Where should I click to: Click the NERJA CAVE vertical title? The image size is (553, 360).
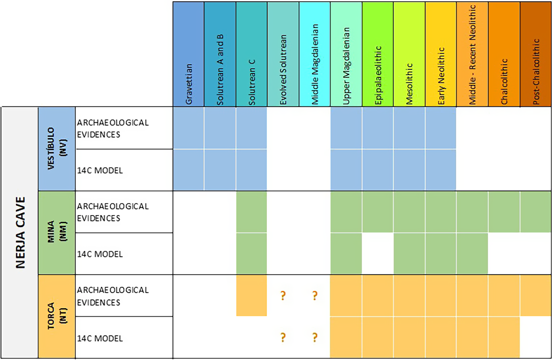click(x=20, y=233)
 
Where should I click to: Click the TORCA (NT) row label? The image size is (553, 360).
click(x=57, y=316)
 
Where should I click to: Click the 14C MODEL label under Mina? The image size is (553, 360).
click(x=100, y=254)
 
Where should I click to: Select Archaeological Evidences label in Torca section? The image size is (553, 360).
click(x=113, y=296)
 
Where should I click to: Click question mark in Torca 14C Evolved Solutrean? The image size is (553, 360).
click(x=283, y=337)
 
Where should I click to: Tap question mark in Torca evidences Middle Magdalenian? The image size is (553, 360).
click(x=315, y=295)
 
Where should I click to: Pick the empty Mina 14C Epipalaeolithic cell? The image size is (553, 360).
click(x=378, y=253)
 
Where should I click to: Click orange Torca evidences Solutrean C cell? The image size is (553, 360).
click(x=251, y=295)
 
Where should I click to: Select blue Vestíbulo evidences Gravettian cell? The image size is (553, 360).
click(x=188, y=128)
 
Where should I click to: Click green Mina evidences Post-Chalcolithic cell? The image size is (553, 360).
click(x=536, y=212)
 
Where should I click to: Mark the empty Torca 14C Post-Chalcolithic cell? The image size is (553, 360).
click(x=536, y=337)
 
